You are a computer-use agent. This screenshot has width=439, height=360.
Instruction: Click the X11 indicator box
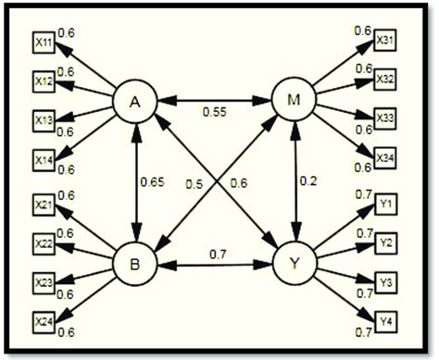tap(44, 43)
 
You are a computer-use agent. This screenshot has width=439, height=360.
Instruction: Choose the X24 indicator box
tap(44, 320)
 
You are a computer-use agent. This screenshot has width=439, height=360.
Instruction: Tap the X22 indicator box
tap(44, 243)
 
